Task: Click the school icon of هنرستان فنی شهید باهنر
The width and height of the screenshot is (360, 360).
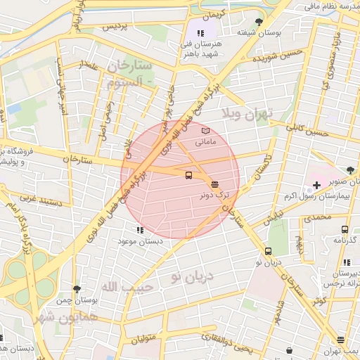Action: click(200, 32)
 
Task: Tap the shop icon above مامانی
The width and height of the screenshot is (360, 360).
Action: click(205, 131)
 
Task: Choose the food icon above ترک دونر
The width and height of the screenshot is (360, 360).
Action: click(214, 184)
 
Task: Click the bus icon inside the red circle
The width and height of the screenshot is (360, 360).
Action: click(188, 175)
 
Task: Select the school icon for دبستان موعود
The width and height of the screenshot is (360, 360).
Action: click(140, 229)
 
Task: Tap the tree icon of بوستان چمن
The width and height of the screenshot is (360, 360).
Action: click(77, 288)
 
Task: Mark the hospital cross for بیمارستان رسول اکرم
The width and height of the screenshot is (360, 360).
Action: click(316, 185)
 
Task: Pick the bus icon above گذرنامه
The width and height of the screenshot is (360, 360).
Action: click(345, 229)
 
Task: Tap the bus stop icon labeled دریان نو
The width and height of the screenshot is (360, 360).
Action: click(268, 251)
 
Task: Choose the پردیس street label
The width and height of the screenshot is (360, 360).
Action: click(117, 27)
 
